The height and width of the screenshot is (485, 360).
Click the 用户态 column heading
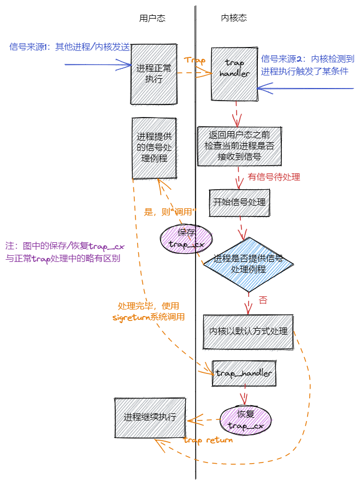tap(152, 18)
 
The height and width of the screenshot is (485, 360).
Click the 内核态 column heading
tap(234, 18)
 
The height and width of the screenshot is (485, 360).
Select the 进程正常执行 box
tap(154, 74)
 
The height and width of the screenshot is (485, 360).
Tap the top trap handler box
tap(234, 73)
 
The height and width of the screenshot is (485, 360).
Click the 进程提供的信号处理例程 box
tap(154, 148)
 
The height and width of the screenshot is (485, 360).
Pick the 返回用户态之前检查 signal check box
tap(239, 146)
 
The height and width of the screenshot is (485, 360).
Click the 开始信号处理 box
tap(239, 202)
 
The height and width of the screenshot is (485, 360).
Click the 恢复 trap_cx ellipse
tap(246, 419)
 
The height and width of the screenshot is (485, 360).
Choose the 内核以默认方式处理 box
tap(248, 331)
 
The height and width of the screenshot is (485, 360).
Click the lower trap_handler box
tap(244, 373)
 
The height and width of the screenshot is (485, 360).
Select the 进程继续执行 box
tap(150, 417)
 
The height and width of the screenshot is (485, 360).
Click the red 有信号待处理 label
tap(274, 177)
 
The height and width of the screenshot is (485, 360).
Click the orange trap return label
tap(208, 440)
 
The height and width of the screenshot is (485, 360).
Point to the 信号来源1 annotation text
tap(69, 47)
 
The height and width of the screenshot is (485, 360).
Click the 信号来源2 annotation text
tap(308, 65)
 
